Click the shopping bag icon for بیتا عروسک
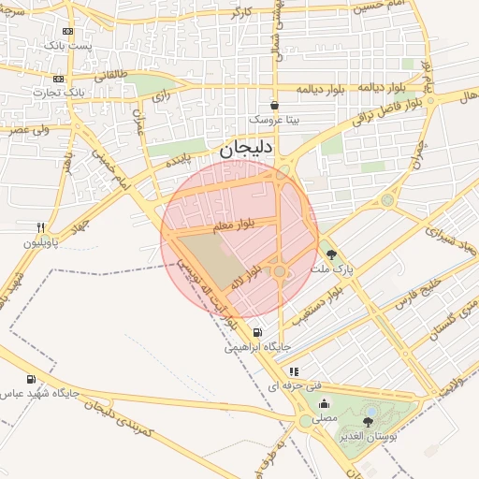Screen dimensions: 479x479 point(274,106)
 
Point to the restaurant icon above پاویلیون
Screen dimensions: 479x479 point(40,227)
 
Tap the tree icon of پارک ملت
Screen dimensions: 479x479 point(329,253)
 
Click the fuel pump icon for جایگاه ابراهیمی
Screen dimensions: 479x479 point(257,332)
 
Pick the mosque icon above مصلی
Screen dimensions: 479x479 point(325,403)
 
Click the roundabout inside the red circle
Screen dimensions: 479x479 point(279,271)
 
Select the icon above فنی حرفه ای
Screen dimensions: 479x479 point(294,371)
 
